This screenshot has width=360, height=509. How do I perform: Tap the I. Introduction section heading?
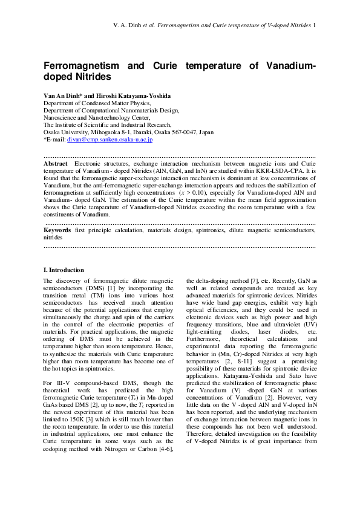pyautogui.click(x=64, y=270)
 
